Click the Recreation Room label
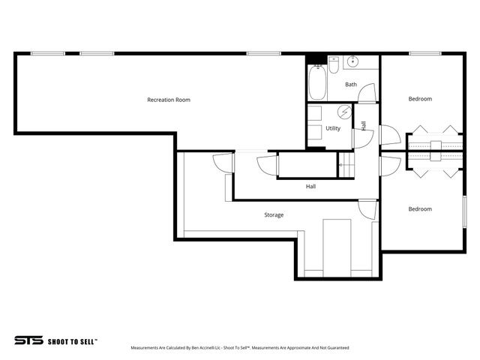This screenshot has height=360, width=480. click(x=168, y=100)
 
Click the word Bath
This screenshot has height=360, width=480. click(x=351, y=85)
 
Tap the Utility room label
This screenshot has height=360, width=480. click(x=333, y=128)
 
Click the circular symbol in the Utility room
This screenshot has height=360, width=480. click(x=344, y=112)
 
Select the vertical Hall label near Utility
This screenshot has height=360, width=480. click(x=364, y=126)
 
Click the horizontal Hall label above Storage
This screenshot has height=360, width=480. click(x=310, y=186)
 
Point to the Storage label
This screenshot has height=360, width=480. click(x=274, y=215)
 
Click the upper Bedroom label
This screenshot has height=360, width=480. click(x=420, y=99)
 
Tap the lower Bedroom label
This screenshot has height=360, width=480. click(x=420, y=209)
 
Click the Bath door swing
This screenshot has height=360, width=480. click(x=367, y=93)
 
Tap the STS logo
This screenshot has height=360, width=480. click(x=28, y=340)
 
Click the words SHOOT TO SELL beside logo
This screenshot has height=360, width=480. click(x=72, y=340)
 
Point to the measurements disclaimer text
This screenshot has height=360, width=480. click(x=240, y=348)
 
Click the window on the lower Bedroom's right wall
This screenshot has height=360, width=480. click(x=463, y=208)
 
